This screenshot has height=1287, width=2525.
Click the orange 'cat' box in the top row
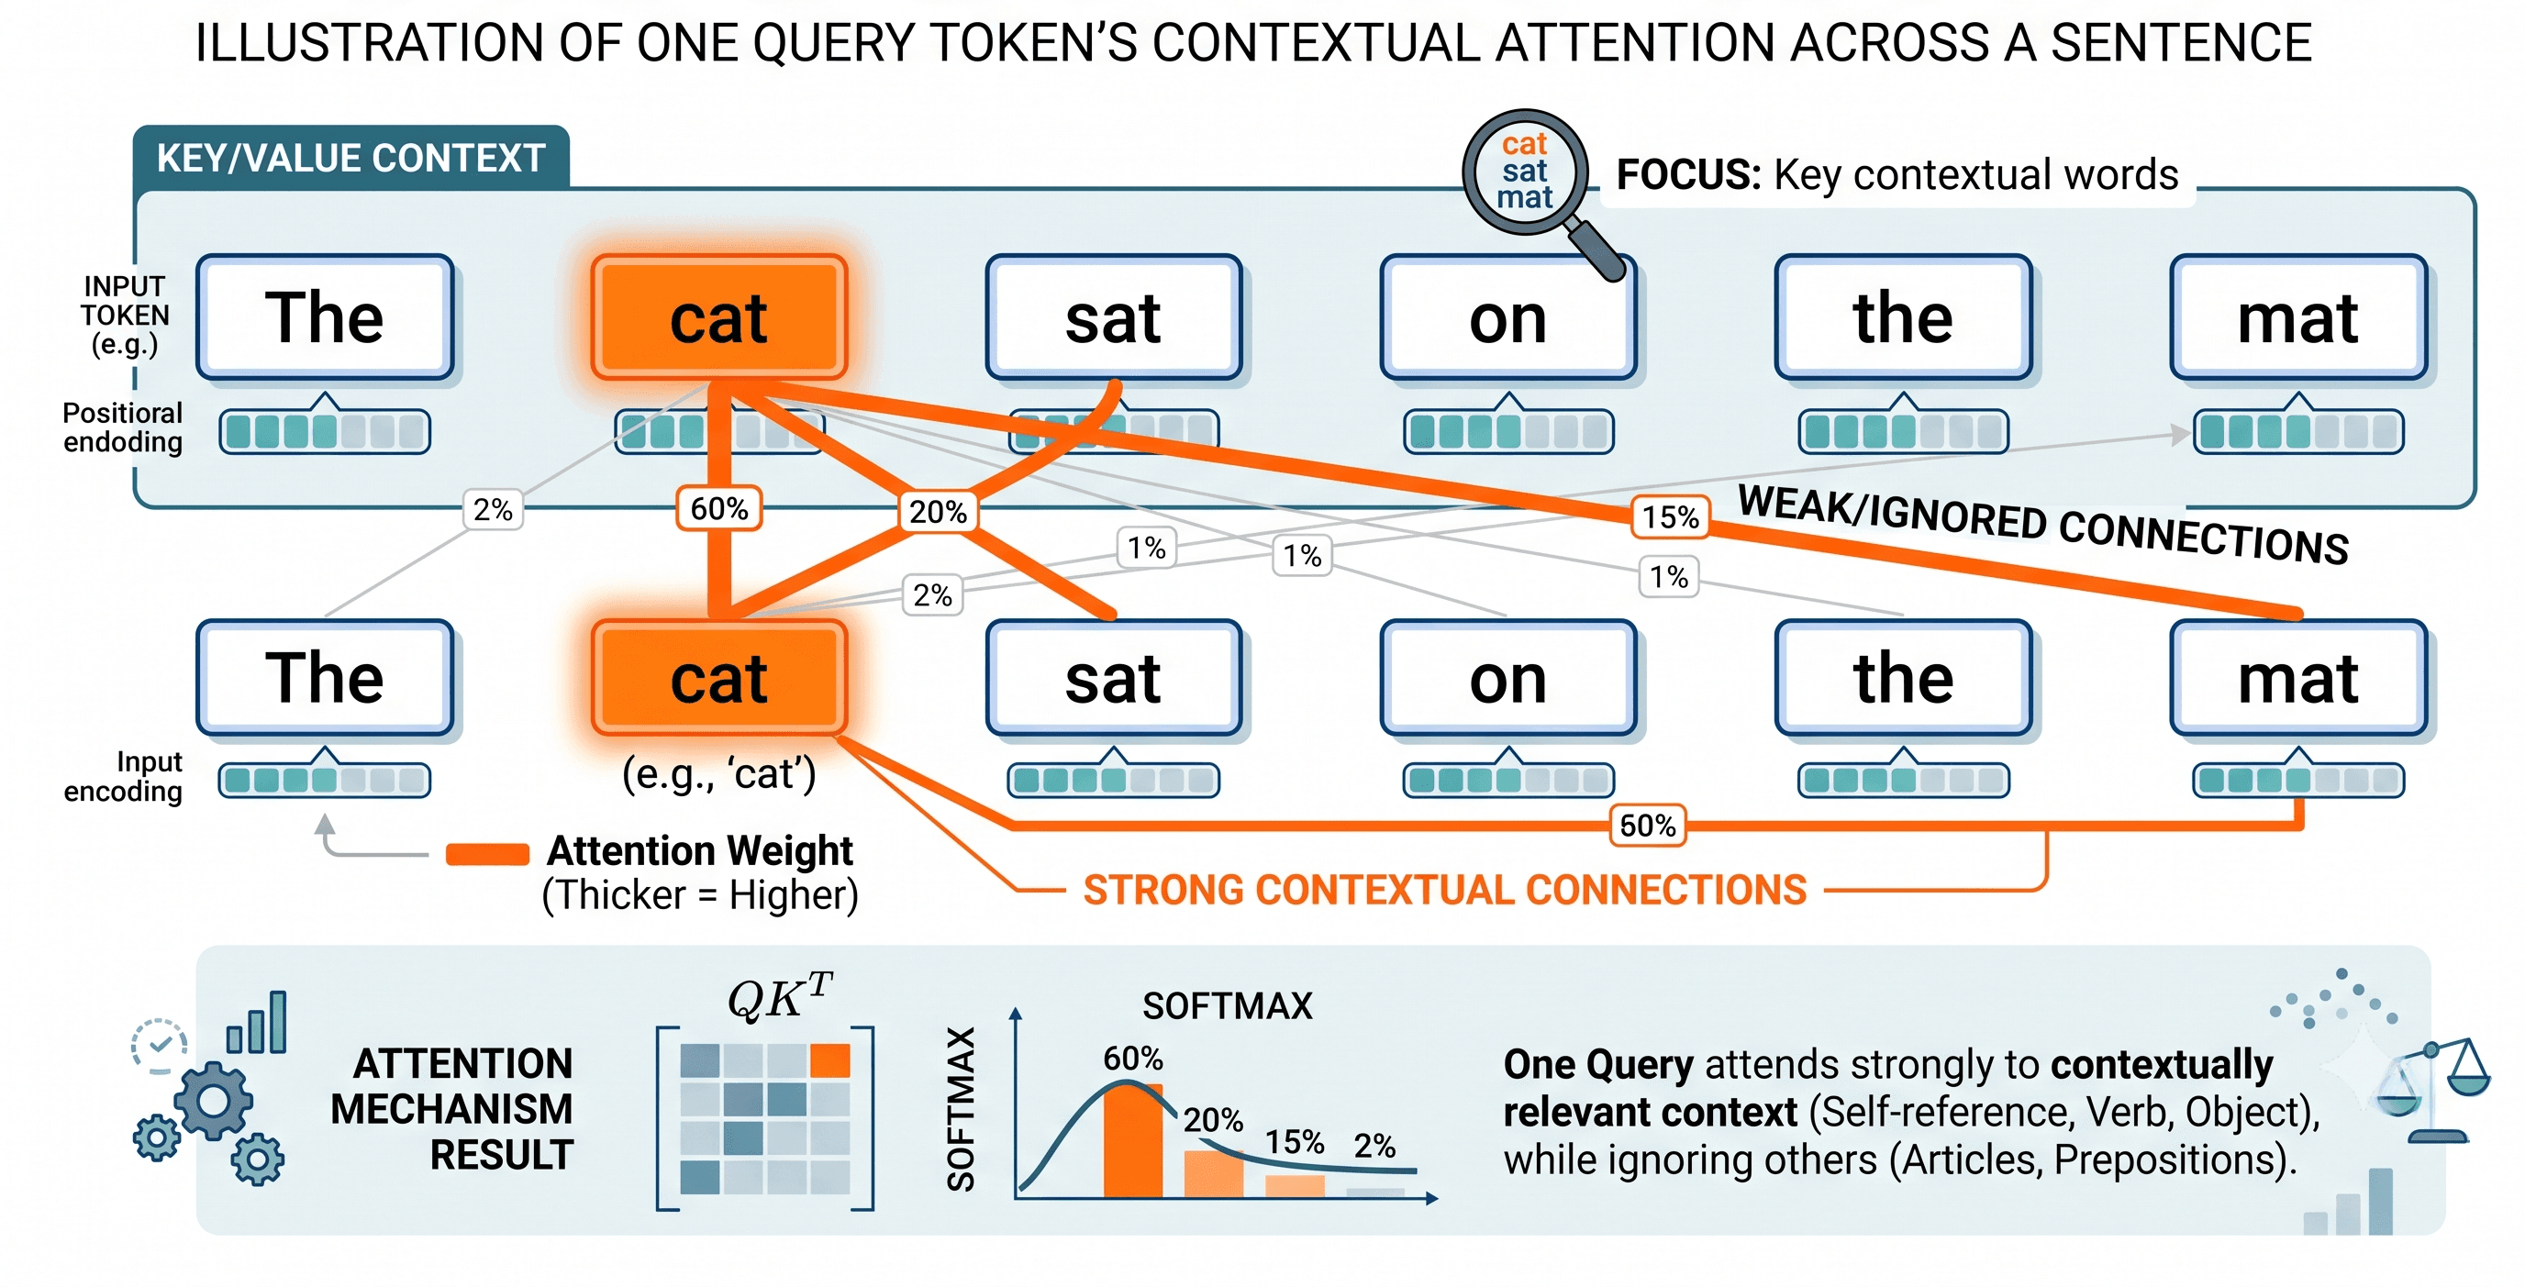pos(718,317)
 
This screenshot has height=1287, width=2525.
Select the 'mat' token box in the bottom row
pos(2297,677)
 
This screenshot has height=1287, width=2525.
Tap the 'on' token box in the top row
pos(1507,317)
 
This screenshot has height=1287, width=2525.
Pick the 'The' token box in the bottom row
pos(325,677)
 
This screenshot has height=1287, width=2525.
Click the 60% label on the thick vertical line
pos(719,509)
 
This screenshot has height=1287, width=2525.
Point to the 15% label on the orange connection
pos(1670,516)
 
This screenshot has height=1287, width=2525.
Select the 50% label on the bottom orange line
pos(1648,826)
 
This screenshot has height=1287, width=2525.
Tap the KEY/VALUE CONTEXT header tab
pos(350,157)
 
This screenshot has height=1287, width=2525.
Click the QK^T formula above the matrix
pos(779,997)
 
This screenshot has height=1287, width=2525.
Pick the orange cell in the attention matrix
pos(830,1060)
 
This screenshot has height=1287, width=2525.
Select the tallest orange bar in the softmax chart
pos(1133,1140)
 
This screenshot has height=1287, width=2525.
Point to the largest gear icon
pos(214,1101)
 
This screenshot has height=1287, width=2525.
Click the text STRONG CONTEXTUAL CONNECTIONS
pos(1445,890)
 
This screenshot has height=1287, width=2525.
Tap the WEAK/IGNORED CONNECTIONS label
pos(2043,525)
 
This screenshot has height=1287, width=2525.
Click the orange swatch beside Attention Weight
pos(487,854)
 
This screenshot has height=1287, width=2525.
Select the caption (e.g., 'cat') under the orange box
pos(718,774)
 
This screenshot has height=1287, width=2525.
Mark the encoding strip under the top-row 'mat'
pos(2297,431)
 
